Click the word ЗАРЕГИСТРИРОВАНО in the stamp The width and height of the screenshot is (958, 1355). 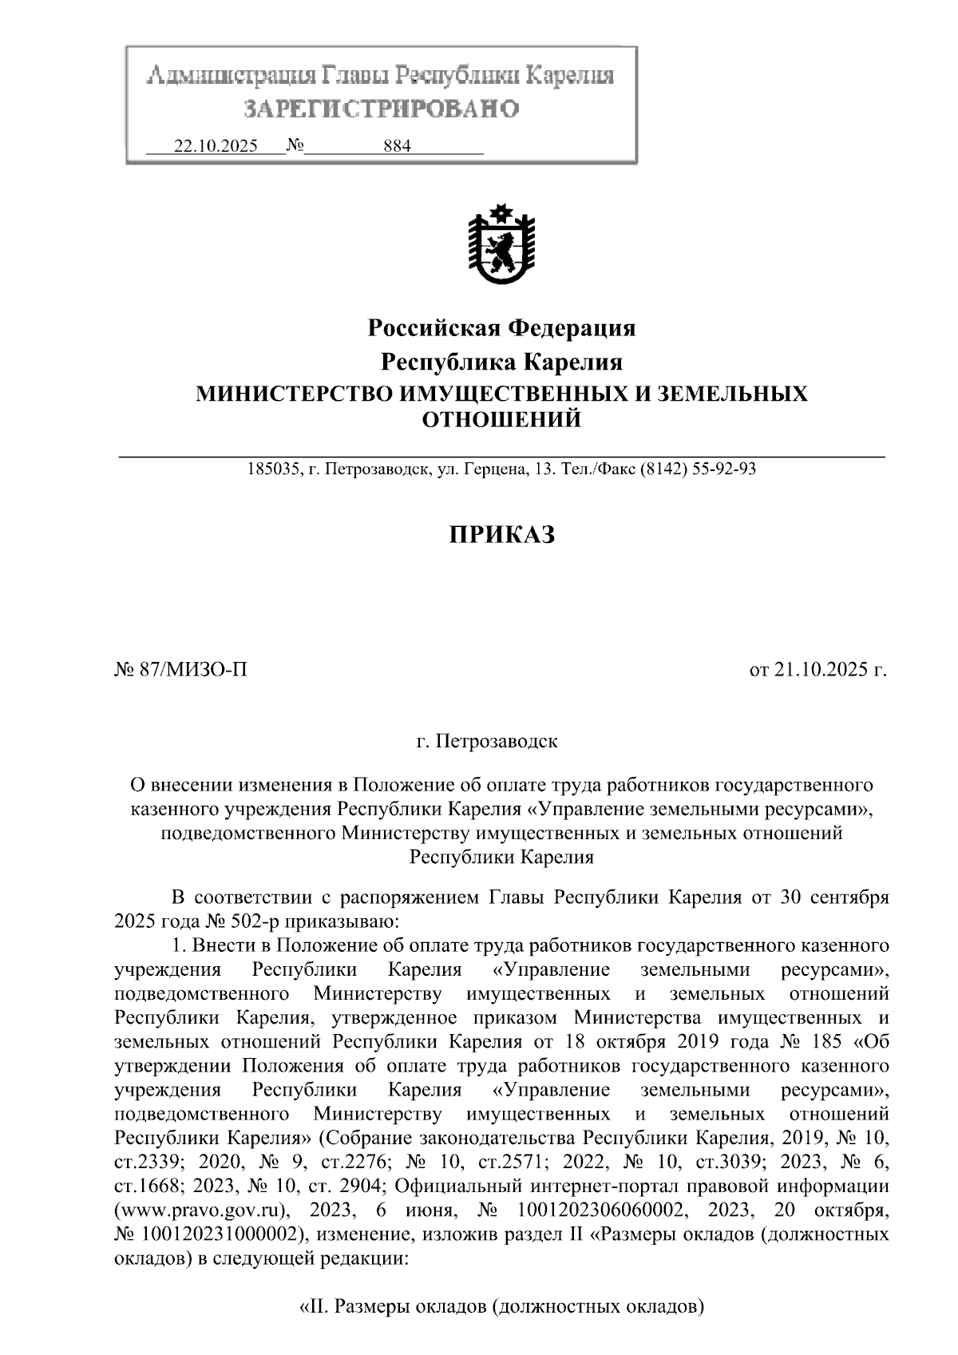(x=381, y=109)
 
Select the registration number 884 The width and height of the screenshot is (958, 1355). (x=397, y=147)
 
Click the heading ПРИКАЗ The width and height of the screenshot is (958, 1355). (x=501, y=534)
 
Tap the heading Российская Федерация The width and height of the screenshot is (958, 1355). (x=501, y=327)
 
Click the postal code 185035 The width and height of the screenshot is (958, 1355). (x=270, y=469)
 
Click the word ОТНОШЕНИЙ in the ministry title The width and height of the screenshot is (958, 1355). (x=501, y=419)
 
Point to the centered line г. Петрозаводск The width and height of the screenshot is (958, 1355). (x=487, y=742)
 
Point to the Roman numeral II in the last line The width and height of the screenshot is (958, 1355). (x=316, y=1308)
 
